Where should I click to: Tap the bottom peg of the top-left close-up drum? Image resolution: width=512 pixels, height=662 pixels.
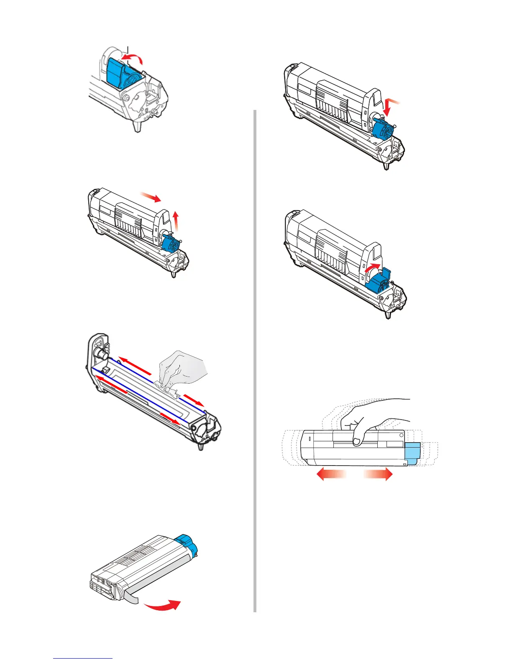(137, 126)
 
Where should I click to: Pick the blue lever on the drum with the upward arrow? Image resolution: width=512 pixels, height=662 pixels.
(171, 245)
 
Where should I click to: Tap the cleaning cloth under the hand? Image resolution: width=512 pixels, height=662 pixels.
(167, 391)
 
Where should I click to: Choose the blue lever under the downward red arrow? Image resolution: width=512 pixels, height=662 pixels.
(384, 129)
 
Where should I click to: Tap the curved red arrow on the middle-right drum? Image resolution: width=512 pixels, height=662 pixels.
(373, 268)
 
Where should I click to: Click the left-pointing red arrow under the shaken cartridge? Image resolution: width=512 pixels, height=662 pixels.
(330, 474)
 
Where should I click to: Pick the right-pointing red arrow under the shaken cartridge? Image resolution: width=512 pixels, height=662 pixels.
(379, 474)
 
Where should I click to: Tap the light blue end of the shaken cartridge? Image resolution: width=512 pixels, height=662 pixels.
(412, 453)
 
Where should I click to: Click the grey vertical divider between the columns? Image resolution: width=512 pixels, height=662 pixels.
(255, 359)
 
